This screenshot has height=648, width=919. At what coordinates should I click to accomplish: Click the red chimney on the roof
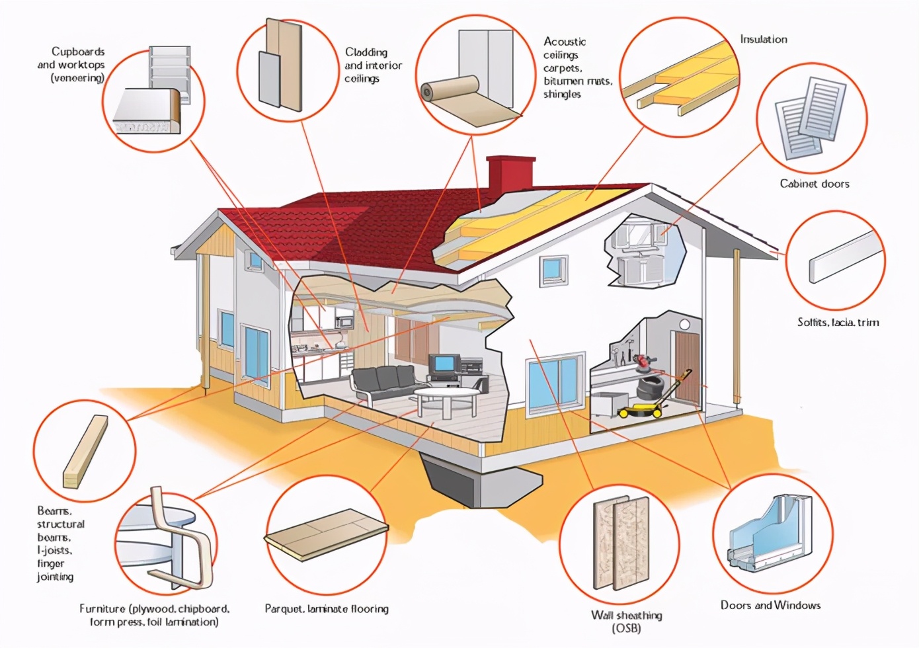(x=511, y=176)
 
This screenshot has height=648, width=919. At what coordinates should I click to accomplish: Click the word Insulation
(x=764, y=40)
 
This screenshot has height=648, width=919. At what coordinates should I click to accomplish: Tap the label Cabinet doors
(x=815, y=183)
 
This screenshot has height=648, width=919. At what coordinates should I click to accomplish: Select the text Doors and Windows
(x=770, y=605)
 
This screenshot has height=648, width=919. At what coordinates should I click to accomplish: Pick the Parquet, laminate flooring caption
(x=327, y=608)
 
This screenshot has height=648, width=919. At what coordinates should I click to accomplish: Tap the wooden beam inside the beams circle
(x=85, y=452)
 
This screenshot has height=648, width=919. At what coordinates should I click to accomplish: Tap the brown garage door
(x=687, y=367)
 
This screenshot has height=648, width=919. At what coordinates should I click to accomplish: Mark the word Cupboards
(x=78, y=52)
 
